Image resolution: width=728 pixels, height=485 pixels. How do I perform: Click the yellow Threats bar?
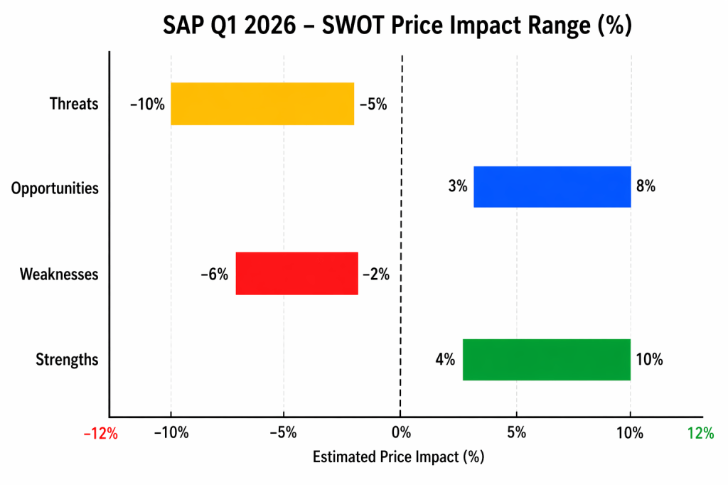262,104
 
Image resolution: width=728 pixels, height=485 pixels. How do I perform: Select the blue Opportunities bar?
552,187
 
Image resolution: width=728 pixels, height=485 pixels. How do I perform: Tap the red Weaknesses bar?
296,273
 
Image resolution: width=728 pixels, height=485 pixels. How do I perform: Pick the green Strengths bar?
546,359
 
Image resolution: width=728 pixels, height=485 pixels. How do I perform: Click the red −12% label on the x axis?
100,434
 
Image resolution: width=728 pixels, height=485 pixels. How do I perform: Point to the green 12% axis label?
700,434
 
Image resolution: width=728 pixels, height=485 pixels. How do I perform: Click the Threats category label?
74,104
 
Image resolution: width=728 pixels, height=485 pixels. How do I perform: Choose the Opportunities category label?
55,188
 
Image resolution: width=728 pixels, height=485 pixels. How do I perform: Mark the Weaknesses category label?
59,274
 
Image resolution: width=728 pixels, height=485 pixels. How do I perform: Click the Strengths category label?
67,360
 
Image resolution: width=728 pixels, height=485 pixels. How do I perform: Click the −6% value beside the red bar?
214,274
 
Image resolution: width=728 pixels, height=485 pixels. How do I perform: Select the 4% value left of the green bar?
445,360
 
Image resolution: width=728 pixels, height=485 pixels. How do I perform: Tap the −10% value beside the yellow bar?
147,105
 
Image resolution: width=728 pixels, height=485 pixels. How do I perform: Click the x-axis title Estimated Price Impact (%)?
398,457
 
